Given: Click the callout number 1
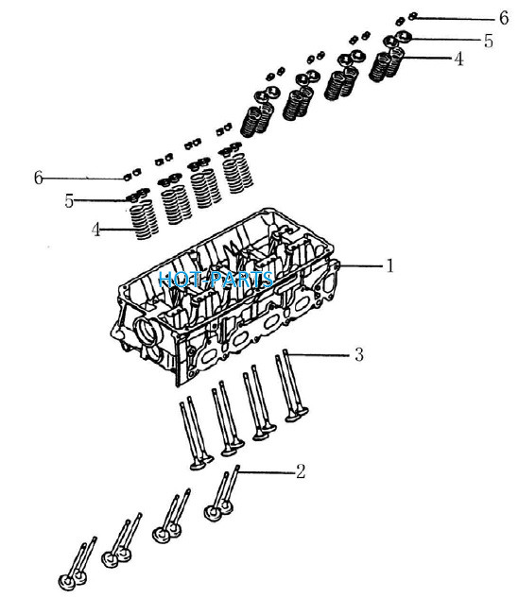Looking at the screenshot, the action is click(389, 265).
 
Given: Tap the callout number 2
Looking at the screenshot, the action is click(301, 471).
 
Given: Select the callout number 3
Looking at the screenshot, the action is click(359, 354).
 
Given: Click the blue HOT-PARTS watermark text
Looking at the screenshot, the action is click(216, 280).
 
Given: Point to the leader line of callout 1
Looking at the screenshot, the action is click(361, 265).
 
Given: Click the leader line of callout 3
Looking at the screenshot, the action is click(319, 354).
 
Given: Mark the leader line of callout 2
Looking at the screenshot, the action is click(267, 471).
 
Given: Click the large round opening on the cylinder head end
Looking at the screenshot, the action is click(147, 332).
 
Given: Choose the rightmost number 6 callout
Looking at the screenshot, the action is click(504, 18).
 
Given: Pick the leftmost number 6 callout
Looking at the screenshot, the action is click(38, 178).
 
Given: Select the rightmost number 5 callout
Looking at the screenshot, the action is click(489, 41).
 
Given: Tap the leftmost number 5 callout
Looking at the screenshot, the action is click(69, 201).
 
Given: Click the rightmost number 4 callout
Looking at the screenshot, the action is click(458, 60).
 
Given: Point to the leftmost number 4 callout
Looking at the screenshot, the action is click(95, 230).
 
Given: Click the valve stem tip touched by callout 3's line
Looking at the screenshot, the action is click(285, 351).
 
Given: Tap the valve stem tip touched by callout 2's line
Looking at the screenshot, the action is click(236, 468).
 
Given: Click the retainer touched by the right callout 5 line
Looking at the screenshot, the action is click(403, 37).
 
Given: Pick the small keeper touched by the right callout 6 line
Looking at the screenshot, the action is click(412, 16).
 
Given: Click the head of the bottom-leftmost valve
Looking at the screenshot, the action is click(67, 582).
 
